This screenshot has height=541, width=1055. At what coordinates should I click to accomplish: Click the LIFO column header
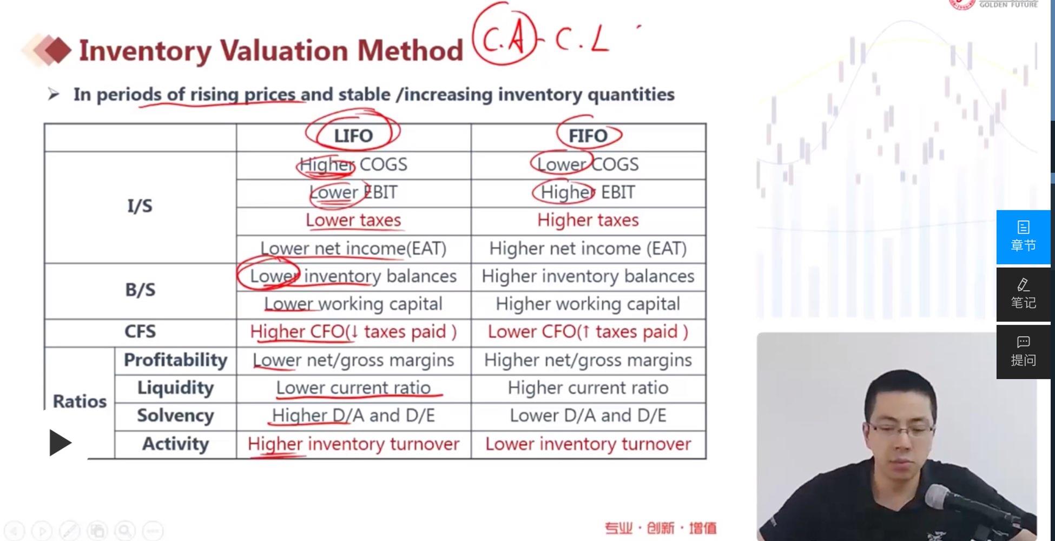click(353, 136)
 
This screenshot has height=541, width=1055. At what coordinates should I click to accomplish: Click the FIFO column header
click(588, 136)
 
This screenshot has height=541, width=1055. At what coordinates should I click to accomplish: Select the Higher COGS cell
click(353, 164)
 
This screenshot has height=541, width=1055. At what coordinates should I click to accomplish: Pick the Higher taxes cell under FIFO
click(588, 220)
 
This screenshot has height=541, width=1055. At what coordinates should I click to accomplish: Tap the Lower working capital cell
click(353, 304)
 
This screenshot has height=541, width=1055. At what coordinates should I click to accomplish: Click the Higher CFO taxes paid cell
click(353, 332)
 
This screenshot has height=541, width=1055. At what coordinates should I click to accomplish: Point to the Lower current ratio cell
click(353, 388)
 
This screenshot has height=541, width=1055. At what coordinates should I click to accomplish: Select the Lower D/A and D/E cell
click(588, 415)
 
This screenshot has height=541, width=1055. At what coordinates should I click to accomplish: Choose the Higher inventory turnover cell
click(353, 444)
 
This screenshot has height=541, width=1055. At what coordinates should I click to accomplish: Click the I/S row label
click(140, 206)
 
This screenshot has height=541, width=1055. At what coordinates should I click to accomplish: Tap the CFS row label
click(140, 332)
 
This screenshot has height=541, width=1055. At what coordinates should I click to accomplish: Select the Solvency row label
click(175, 415)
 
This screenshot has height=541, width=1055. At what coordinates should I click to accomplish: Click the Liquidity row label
click(175, 388)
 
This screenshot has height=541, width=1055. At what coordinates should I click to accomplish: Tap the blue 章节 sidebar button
click(1023, 237)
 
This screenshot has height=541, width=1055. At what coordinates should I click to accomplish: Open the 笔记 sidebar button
click(1023, 294)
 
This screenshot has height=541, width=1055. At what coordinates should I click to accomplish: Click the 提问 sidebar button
click(1023, 352)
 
